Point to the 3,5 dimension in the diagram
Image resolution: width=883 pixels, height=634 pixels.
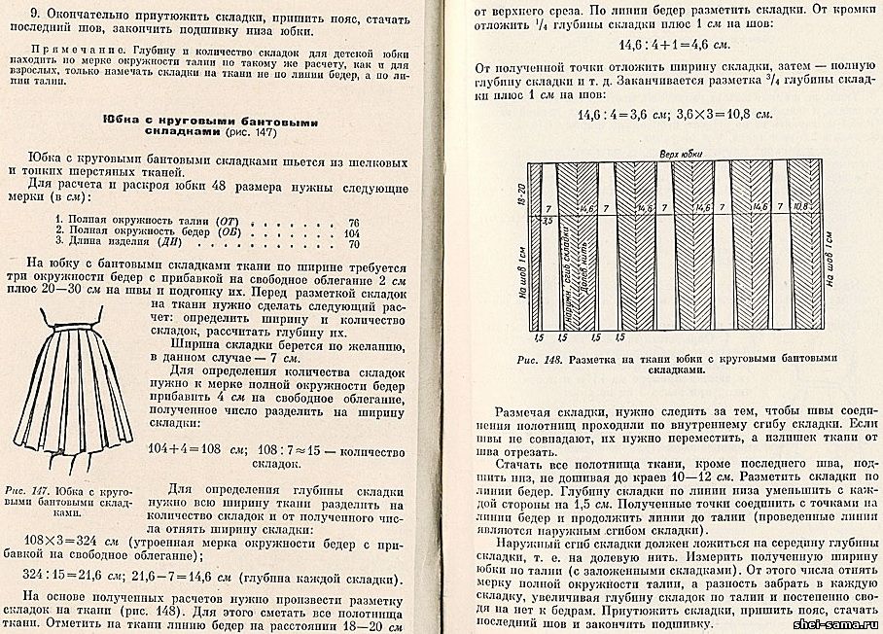point(547,221)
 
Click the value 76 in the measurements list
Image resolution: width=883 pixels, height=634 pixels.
point(354,222)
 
